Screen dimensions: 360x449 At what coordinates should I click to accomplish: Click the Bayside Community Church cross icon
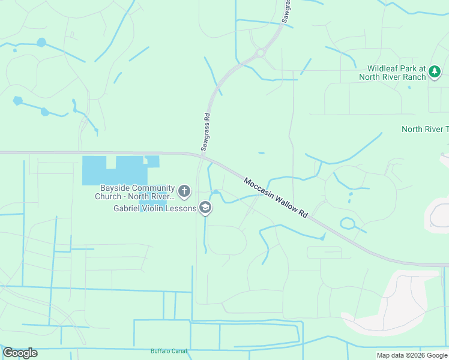point(184,192)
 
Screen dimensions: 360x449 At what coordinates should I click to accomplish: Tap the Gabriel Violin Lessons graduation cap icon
point(205,208)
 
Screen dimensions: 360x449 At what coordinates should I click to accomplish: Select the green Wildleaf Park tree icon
point(435,73)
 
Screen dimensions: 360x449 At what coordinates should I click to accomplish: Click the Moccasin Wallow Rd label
point(276,197)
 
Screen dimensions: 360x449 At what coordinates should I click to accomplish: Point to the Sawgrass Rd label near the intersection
point(205,133)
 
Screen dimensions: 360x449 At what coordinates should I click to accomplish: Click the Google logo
point(20,353)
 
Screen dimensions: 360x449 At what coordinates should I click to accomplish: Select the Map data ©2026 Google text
point(411,355)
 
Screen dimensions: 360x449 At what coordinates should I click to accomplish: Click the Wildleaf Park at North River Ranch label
point(392,73)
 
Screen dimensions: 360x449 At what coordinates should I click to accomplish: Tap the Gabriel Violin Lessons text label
point(155,209)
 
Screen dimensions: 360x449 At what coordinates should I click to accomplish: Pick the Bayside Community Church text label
point(135,192)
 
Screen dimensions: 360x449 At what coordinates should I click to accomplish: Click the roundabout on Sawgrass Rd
point(260,53)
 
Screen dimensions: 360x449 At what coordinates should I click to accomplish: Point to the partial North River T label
point(425,129)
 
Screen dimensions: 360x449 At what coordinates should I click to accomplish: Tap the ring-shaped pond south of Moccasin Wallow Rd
point(348,223)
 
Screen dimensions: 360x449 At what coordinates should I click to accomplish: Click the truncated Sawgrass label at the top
point(288,10)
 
